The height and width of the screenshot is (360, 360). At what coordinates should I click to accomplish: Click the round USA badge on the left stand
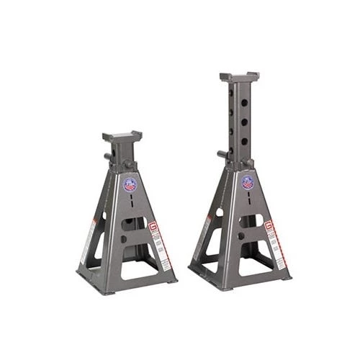click(x=130, y=185)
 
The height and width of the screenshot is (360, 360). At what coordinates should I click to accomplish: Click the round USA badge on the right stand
click(x=248, y=183)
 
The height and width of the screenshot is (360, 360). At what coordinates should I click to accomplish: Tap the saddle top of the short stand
click(x=122, y=135)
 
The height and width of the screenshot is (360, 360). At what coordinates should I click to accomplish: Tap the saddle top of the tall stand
click(x=239, y=76)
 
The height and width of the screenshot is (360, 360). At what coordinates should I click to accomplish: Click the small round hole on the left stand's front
click(x=124, y=238)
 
